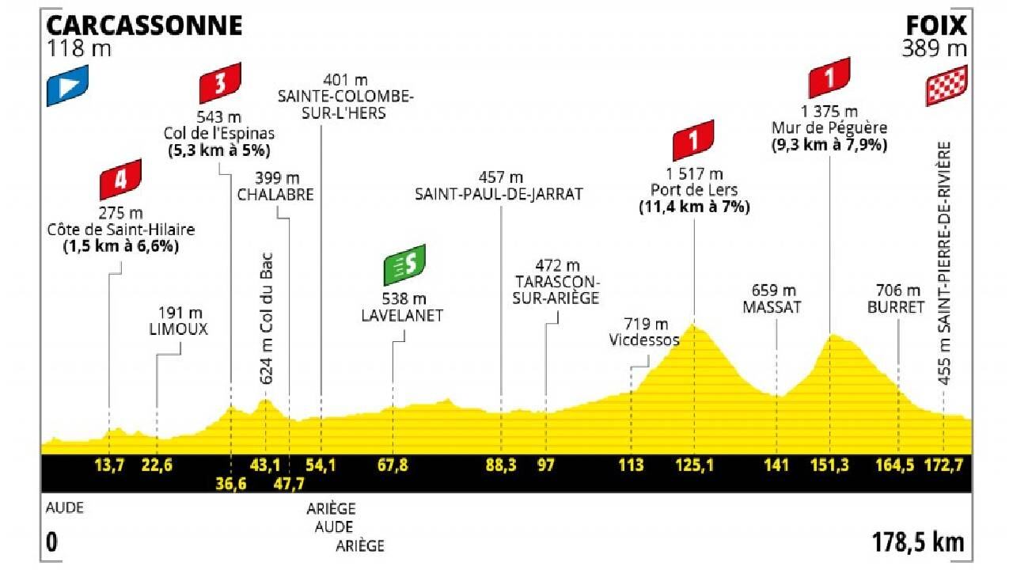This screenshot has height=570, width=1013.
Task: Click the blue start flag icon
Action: click(67, 85)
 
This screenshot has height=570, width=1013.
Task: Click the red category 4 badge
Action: click(120, 179)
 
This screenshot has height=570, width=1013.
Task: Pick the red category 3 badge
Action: click(220, 83)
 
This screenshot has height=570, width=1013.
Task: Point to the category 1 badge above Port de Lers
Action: click(693, 140)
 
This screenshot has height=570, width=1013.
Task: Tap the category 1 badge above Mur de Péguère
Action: click(829, 78)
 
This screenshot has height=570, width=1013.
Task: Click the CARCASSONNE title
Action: click(146, 26)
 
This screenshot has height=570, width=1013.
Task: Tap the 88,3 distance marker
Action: click(500, 465)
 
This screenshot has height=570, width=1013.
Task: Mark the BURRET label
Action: click(898, 307)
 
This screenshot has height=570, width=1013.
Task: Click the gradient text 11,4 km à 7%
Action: click(694, 207)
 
